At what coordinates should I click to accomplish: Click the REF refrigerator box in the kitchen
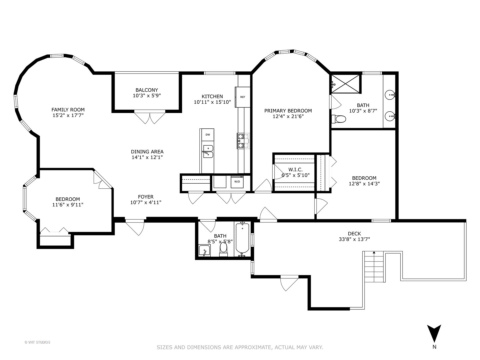(242, 97)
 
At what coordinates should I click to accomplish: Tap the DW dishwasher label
(207, 135)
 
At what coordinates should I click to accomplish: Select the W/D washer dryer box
(237, 182)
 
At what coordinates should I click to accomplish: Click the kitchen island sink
(207, 151)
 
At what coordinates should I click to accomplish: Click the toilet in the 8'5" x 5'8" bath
(223, 248)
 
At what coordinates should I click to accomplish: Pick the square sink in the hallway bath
(204, 251)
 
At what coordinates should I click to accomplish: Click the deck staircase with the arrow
(374, 267)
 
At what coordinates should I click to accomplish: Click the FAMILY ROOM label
(68, 110)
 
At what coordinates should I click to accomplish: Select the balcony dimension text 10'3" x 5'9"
(147, 96)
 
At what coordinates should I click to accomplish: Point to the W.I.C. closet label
(296, 170)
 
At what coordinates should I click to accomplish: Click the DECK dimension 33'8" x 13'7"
(354, 239)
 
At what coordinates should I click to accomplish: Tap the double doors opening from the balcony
(150, 117)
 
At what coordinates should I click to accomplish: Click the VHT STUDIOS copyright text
(37, 342)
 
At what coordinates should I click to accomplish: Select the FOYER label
(146, 197)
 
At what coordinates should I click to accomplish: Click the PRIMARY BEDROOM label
(288, 111)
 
